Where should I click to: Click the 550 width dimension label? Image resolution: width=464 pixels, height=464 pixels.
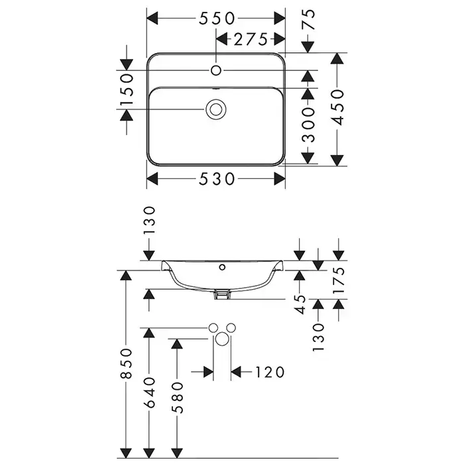216,18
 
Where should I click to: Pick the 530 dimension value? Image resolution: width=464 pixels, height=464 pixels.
216,179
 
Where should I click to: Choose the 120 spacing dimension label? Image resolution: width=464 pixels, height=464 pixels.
270,372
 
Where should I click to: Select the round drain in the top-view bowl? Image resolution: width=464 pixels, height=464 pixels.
215,108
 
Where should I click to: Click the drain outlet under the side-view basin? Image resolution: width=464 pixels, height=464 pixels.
223,293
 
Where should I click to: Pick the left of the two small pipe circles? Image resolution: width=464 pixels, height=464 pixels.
213,327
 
